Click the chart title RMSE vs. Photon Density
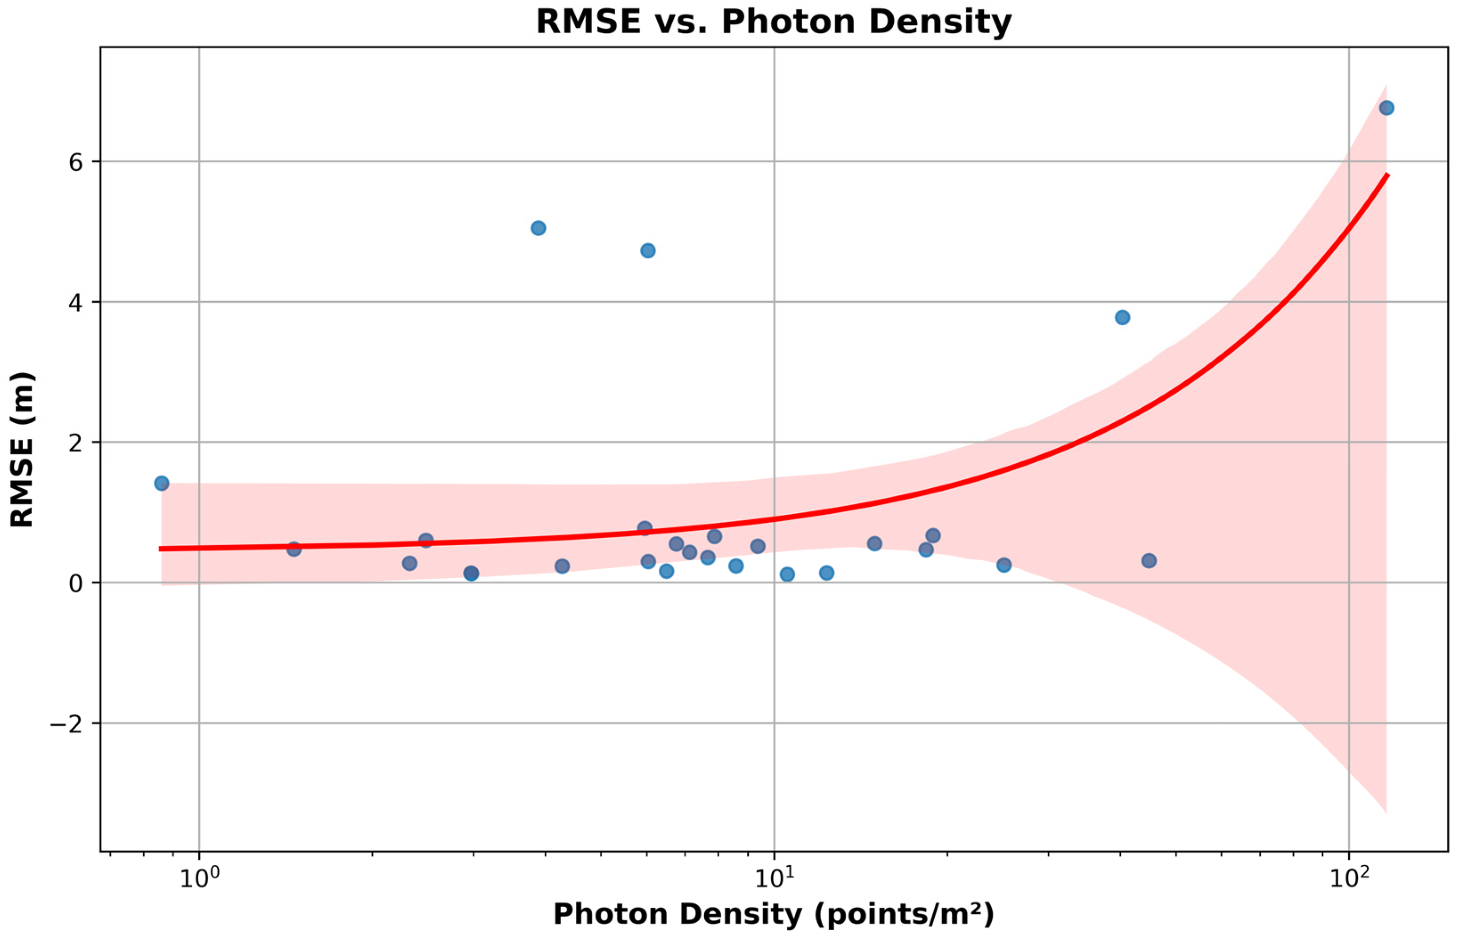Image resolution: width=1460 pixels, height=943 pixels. coord(773,22)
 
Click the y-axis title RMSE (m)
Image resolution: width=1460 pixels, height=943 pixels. coord(23,449)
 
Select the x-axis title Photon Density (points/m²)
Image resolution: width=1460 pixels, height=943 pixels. coord(773,915)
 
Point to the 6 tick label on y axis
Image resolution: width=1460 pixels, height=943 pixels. coord(75,162)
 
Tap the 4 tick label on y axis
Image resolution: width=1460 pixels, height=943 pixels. coord(75,302)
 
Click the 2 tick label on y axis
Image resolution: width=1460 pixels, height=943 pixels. coord(75,443)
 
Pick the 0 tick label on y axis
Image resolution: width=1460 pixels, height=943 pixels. coord(75,583)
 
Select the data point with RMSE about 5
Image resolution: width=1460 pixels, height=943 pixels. coord(538,229)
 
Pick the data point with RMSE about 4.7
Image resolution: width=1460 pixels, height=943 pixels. coord(648,250)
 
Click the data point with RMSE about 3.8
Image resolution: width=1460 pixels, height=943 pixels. coord(1123,317)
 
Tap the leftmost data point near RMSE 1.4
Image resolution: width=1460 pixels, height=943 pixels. coord(162,483)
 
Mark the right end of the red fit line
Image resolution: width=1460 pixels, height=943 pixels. coord(1387,176)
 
